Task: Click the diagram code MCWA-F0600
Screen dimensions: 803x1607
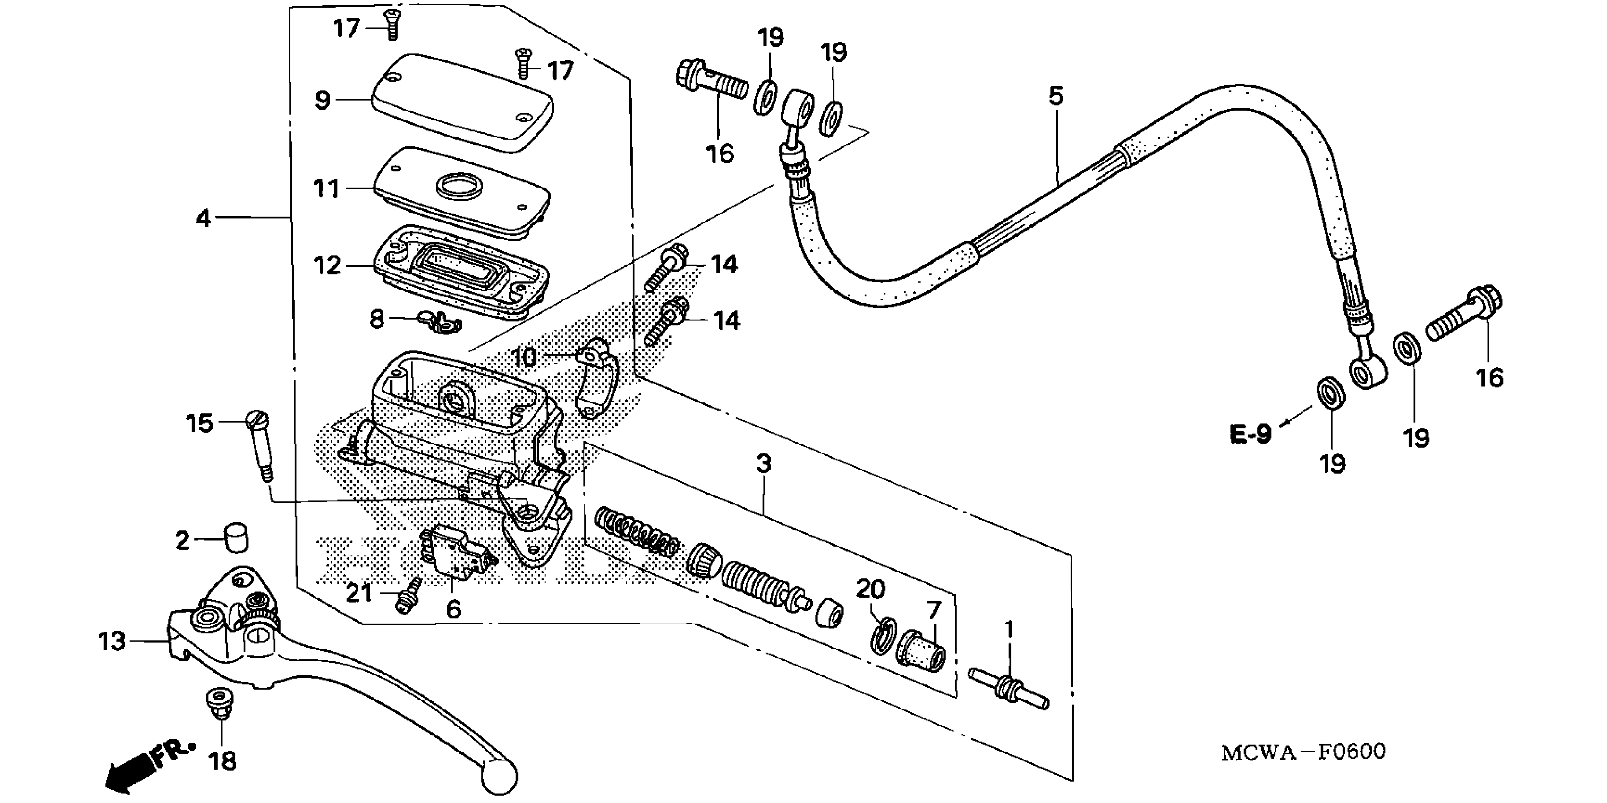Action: coord(1302,752)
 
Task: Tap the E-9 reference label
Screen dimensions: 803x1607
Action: coord(1250,434)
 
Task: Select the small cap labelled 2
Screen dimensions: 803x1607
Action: coord(236,538)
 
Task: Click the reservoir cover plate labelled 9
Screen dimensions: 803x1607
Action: coord(462,103)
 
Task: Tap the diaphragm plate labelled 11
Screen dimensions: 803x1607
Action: coord(462,190)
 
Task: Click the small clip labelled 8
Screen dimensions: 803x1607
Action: coord(442,321)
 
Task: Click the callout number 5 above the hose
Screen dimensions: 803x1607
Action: coord(1055,97)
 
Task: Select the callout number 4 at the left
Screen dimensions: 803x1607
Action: coord(204,218)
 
